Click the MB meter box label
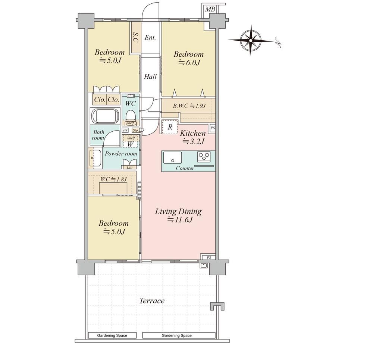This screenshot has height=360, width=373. click(210, 9)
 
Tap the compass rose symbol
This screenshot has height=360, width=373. click(251, 40)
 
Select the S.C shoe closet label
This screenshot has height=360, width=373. click(136, 37)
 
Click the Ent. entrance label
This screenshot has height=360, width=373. click(150, 37)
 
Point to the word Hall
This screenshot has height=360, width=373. click(150, 76)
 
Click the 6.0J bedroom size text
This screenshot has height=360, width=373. click(189, 63)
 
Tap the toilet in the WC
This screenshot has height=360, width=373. click(130, 116)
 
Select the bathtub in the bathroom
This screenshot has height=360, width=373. click(105, 116)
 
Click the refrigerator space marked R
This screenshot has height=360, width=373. click(170, 127)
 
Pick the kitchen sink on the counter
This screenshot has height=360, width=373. click(172, 157)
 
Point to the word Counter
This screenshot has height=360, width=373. click(185, 168)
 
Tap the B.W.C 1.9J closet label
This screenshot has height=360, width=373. click(189, 106)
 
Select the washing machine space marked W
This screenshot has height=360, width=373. click(130, 144)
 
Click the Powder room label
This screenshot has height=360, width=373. click(121, 154)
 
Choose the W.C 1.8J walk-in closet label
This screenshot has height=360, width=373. click(113, 179)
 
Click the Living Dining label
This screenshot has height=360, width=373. click(178, 211)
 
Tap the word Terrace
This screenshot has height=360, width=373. click(152, 301)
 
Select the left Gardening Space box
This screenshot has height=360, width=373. click(112, 335)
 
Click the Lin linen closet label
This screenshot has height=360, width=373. click(130, 167)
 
